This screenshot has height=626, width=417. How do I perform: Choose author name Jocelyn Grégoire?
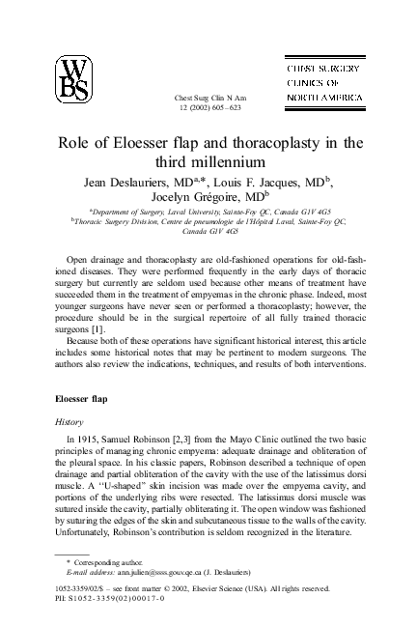pyautogui.click(x=193, y=199)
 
